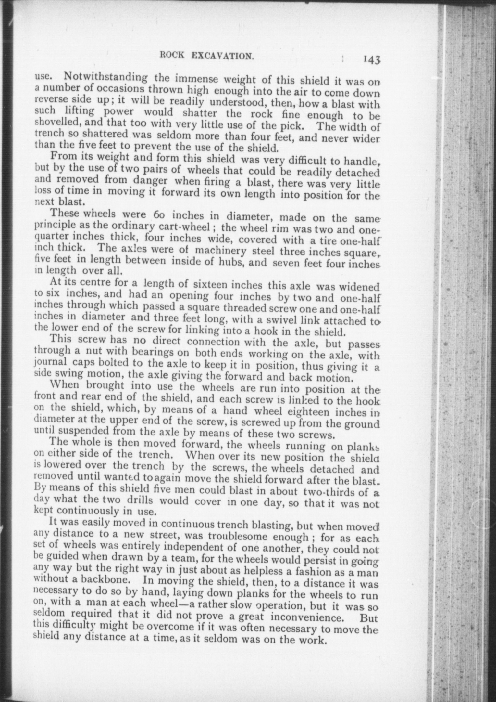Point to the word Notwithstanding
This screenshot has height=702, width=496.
pos(106,77)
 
